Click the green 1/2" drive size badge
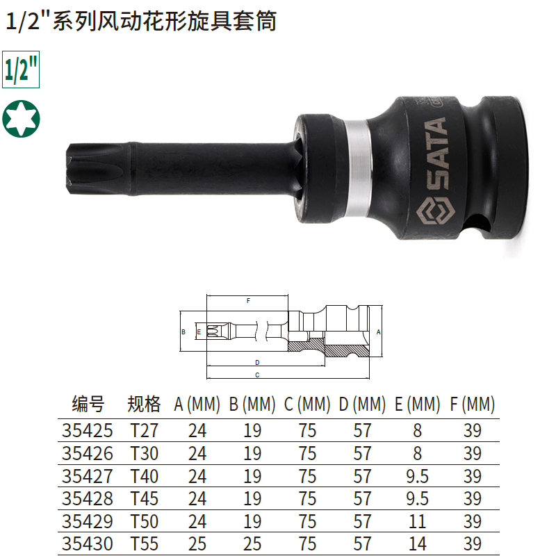click(x=21, y=69)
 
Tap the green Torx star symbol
click(x=21, y=118)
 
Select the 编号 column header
click(x=88, y=404)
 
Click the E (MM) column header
click(x=417, y=404)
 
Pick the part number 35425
click(x=88, y=431)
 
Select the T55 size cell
click(x=144, y=543)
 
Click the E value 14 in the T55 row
click(x=417, y=543)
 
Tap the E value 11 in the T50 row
click(x=417, y=521)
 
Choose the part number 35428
click(x=88, y=498)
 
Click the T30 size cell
click(x=144, y=453)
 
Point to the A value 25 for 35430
click(x=197, y=543)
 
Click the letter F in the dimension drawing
click(x=248, y=302)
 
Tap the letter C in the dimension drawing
click(x=257, y=375)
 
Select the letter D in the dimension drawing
click(x=257, y=363)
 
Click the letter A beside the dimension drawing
click(x=379, y=332)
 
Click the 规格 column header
click(x=144, y=404)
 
